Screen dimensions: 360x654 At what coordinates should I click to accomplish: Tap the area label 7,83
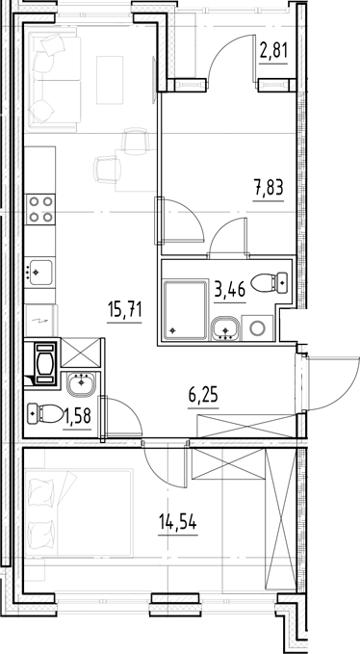tap(269, 187)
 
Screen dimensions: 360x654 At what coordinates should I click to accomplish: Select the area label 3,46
tap(230, 288)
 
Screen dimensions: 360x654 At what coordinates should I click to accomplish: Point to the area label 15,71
tap(125, 310)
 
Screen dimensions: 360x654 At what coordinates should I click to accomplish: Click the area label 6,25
tap(203, 394)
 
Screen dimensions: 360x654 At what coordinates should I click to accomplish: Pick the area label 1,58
tap(77, 415)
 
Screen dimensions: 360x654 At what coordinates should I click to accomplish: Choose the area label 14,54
tap(178, 521)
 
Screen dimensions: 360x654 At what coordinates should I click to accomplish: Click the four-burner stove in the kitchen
tap(40, 209)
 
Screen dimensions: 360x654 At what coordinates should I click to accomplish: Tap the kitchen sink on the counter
tap(39, 273)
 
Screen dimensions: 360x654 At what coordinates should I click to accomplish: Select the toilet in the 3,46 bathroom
tap(270, 282)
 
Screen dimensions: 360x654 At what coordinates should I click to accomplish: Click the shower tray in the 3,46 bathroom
tap(186, 310)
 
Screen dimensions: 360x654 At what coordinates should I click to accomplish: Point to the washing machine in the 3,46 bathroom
tap(257, 328)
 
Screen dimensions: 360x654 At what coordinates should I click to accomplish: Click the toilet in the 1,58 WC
tap(45, 414)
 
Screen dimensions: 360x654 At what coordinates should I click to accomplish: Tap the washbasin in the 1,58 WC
tap(81, 385)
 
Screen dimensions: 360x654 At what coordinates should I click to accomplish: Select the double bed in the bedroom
tap(79, 512)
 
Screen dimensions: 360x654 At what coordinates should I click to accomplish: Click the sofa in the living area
tap(53, 79)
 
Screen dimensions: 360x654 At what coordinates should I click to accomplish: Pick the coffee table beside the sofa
tap(110, 80)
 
